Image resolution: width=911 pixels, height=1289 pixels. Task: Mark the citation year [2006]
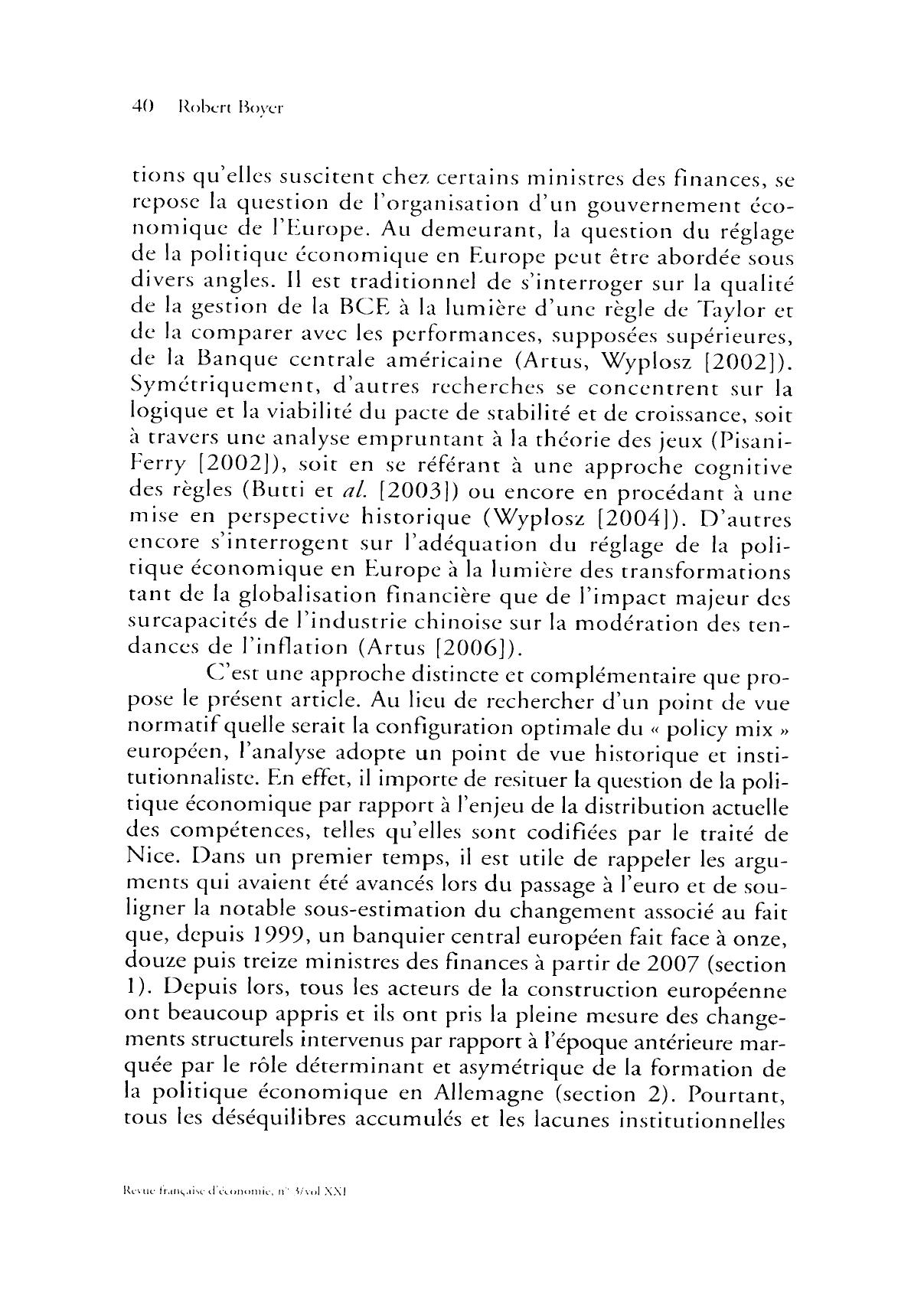coord(469,648)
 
